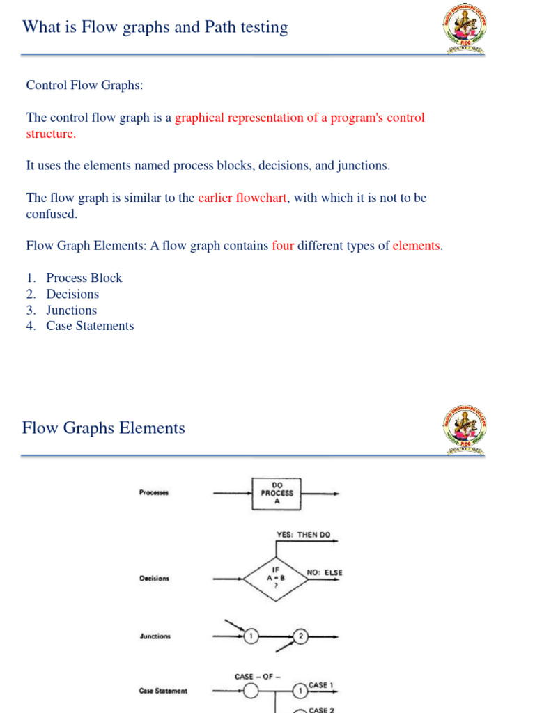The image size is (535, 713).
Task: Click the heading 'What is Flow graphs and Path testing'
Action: [155, 27]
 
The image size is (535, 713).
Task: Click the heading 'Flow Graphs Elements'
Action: [104, 428]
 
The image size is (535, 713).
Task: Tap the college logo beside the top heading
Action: [465, 28]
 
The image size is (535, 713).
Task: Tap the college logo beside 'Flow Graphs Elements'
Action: [465, 428]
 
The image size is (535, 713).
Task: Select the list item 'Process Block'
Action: [84, 278]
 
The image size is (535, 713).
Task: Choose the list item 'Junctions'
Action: [71, 310]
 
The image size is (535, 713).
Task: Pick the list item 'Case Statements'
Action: [90, 326]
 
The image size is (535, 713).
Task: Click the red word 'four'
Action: [283, 246]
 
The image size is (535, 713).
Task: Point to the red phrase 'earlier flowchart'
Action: [242, 198]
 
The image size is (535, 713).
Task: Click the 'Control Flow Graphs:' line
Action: [84, 86]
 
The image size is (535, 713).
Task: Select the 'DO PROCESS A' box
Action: [277, 494]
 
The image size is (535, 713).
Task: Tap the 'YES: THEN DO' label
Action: [304, 535]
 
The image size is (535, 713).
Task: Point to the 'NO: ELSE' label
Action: [325, 573]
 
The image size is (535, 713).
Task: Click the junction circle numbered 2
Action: [301, 636]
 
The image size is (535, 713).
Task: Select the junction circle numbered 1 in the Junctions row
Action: [251, 636]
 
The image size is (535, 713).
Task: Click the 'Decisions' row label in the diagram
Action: [154, 578]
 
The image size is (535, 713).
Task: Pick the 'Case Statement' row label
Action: [163, 691]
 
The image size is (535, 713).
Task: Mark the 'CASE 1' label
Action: [320, 686]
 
